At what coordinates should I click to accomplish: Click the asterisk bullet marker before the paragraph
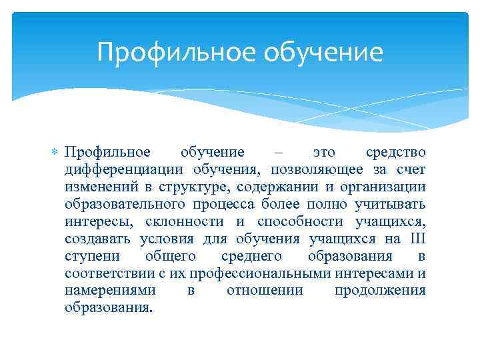point(55,153)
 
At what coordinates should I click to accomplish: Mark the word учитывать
point(395,204)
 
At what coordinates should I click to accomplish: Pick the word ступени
point(89,256)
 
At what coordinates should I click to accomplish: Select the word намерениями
point(111,291)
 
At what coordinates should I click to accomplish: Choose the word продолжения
point(380,291)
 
